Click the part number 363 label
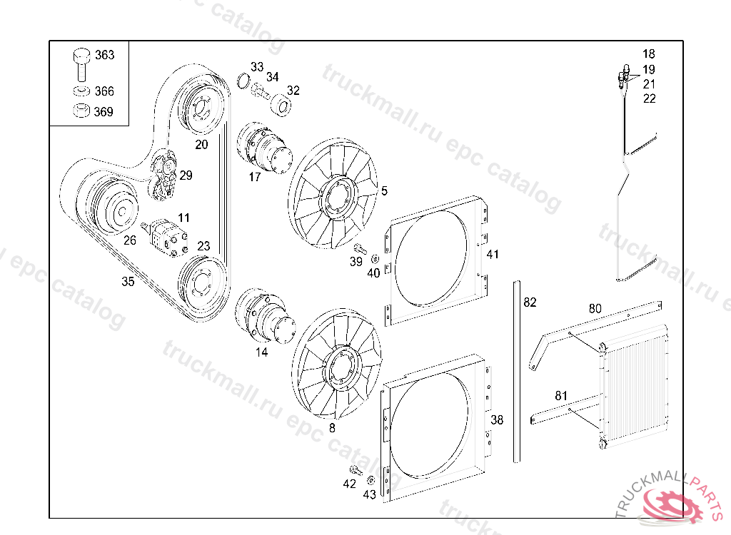[x=104, y=55]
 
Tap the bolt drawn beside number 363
[x=81, y=63]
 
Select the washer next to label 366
[x=81, y=91]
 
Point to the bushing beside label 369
[x=81, y=111]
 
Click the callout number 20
[x=201, y=144]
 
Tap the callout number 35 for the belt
[x=127, y=282]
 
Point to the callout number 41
[x=493, y=255]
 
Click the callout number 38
[x=497, y=420]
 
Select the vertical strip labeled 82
[x=515, y=371]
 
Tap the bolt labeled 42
[x=354, y=469]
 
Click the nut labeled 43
[x=371, y=479]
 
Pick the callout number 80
[x=595, y=309]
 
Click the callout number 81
[x=561, y=395]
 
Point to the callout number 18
[x=648, y=53]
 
